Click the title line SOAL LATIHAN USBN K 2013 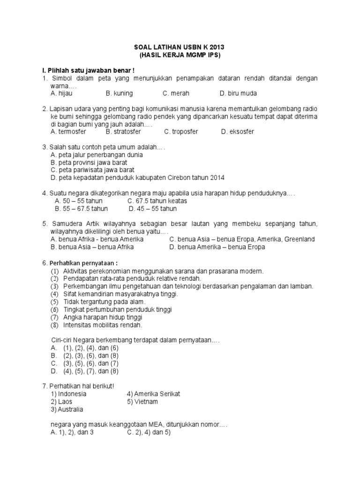[x=180, y=47]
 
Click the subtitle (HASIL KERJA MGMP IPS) [x=180, y=56]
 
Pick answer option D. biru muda [x=238, y=93]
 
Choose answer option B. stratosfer [x=124, y=132]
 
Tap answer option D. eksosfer [x=238, y=132]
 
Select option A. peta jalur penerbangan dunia [x=96, y=155]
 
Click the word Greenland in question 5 [x=299, y=239]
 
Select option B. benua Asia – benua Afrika [x=92, y=247]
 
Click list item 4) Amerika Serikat [x=153, y=394]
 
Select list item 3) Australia [x=67, y=409]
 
